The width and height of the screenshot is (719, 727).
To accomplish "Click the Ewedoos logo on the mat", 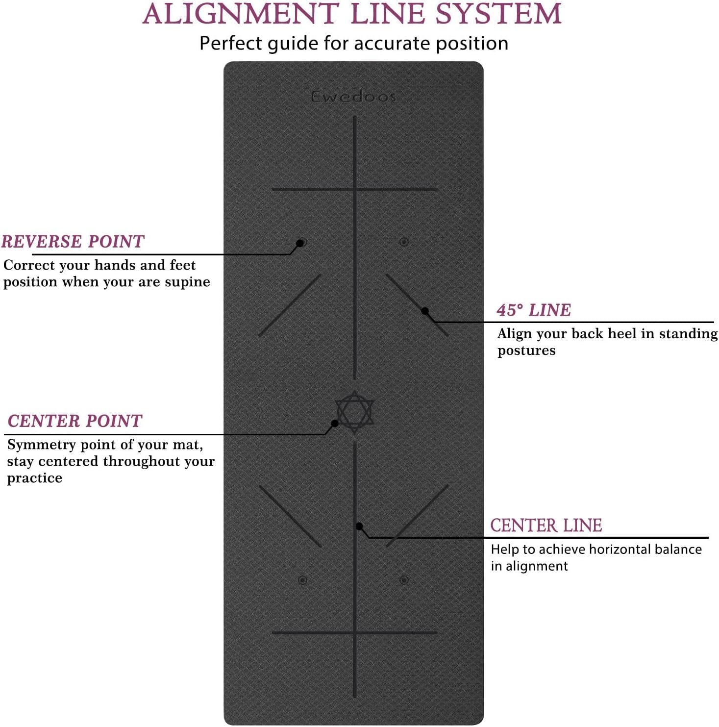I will [353, 97].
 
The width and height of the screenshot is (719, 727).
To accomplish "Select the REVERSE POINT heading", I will [73, 242].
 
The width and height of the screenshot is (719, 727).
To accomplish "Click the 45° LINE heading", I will [534, 310].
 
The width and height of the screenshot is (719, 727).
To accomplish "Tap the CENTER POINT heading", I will [75, 421].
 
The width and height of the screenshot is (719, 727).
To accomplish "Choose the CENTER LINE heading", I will [546, 526].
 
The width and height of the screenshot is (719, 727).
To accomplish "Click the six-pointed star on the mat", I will [354, 411].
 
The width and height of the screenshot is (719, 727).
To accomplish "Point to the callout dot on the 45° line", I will [425, 311].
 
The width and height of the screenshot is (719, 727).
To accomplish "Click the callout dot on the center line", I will [359, 526].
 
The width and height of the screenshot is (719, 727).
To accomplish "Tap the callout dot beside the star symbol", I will [335, 423].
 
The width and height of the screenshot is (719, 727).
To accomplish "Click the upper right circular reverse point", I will [404, 242].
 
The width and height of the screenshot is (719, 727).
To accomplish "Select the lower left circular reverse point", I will [302, 580].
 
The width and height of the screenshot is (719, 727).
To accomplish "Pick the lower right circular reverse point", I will [404, 580].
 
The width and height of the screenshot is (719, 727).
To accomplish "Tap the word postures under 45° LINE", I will [526, 351].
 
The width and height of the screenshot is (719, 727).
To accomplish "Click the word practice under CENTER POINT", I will [34, 478].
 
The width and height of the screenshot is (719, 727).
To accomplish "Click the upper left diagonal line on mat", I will [290, 305].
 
